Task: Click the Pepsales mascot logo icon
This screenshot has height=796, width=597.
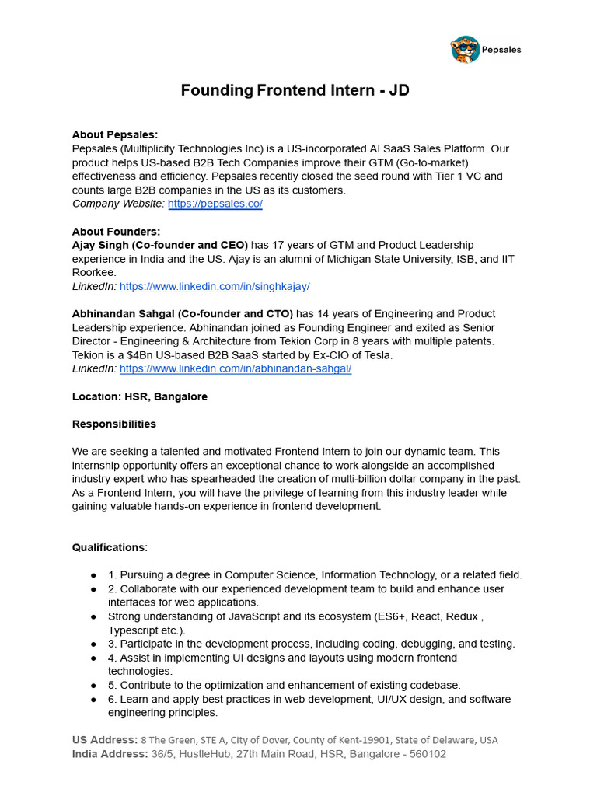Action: coord(465,49)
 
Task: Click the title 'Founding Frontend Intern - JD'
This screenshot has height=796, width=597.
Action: coord(295,90)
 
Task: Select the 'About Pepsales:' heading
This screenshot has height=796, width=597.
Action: coord(114,134)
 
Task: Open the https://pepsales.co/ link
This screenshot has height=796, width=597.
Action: coord(215,204)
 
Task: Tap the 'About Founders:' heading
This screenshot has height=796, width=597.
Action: coord(116,232)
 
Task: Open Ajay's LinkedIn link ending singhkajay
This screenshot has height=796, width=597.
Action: coord(215,287)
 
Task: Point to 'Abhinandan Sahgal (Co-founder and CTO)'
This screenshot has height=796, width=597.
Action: coord(183,314)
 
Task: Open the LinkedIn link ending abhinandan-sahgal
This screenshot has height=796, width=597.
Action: coord(236,369)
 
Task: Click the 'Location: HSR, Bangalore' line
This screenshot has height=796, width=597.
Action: coord(140,396)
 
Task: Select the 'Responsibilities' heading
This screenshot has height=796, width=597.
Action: coord(113,424)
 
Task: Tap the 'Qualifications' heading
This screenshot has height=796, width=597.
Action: coord(108,547)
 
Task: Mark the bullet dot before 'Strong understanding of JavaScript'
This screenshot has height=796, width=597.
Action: coord(93,616)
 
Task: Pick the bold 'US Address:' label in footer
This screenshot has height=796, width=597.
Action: coord(105,740)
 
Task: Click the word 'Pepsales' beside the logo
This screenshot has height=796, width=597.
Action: coord(501,50)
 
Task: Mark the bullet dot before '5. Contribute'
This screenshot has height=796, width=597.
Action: coord(93,686)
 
